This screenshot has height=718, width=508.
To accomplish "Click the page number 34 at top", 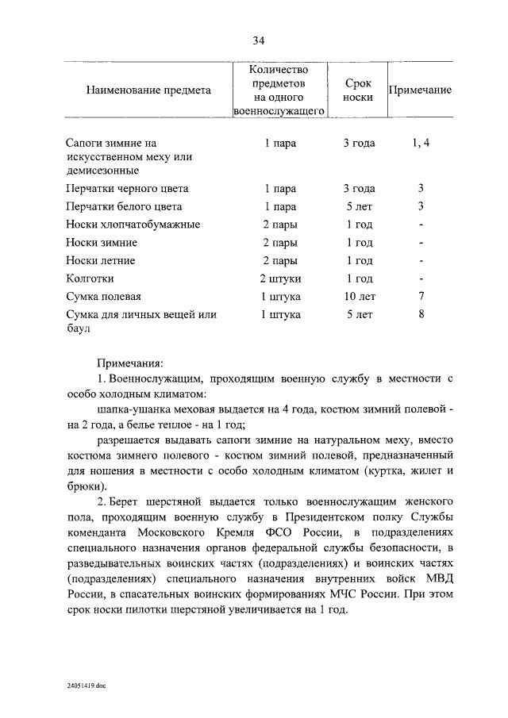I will click(x=258, y=40).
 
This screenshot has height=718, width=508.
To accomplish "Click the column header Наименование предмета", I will click(x=148, y=90).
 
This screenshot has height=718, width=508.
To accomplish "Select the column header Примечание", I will click(x=420, y=90).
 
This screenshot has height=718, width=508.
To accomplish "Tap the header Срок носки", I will click(x=359, y=90).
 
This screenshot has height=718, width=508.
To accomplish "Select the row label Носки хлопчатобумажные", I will click(x=133, y=225).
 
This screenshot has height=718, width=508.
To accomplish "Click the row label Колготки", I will click(x=90, y=278).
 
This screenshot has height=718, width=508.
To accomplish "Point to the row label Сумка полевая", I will click(x=103, y=297).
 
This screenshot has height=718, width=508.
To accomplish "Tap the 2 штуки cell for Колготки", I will click(x=280, y=278).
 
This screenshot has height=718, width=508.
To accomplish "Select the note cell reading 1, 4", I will click(x=421, y=144).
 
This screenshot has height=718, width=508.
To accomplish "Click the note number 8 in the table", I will click(x=421, y=314).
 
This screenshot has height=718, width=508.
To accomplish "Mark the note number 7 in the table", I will click(x=421, y=297).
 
